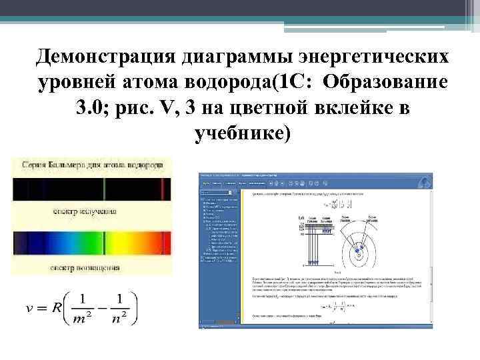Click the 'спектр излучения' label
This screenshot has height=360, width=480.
[x=85, y=211]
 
